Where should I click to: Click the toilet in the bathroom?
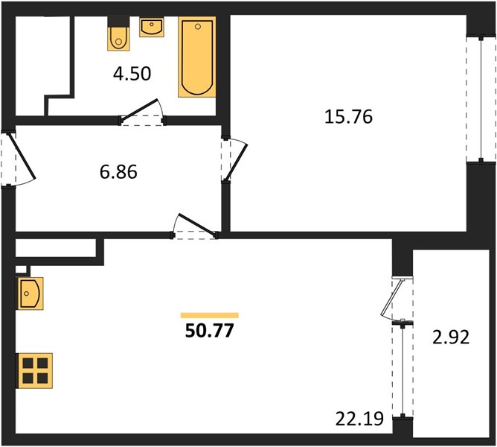tap(118, 34)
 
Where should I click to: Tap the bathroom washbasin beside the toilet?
tap(152, 27)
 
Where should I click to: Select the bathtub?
tap(197, 57)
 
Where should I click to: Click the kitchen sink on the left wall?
tap(30, 294)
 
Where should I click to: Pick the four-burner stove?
tap(34, 370)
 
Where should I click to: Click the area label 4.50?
tap(132, 74)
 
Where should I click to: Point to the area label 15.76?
tap(348, 116)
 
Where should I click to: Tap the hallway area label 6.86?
tap(118, 172)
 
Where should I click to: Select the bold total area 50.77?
tap(209, 331)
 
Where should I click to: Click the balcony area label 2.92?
tap(451, 337)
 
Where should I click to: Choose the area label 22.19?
tap(359, 419)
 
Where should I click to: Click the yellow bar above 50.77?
tap(210, 315)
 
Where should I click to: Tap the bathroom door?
tap(141, 112)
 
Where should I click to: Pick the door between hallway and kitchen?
tap(195, 226)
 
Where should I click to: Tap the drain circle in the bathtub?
tap(198, 27)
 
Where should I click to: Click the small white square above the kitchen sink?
tap(21, 269)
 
